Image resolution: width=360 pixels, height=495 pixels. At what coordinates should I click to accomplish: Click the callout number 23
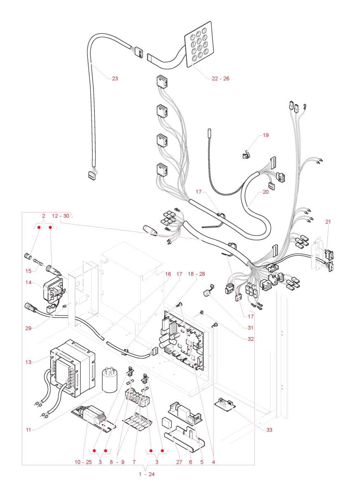115,78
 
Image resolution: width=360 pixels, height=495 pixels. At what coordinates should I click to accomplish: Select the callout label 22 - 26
220,78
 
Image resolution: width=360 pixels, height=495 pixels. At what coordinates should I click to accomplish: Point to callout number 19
266,135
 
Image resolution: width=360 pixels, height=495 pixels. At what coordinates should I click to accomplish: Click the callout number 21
328,222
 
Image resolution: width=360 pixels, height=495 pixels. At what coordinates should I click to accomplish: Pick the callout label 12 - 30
61,216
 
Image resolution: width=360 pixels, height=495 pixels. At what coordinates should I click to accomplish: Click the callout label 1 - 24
146,474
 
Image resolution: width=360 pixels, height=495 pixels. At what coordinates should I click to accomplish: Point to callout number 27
179,462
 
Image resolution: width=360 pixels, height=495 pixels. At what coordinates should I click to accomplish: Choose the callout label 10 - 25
83,462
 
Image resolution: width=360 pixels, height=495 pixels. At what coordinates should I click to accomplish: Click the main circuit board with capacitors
184,338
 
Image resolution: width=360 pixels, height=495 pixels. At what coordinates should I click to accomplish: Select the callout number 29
28,328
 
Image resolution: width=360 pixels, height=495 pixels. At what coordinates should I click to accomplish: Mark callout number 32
251,339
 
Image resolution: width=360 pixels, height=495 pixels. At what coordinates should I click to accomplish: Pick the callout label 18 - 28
196,274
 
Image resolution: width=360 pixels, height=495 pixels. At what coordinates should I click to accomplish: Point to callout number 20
266,192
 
